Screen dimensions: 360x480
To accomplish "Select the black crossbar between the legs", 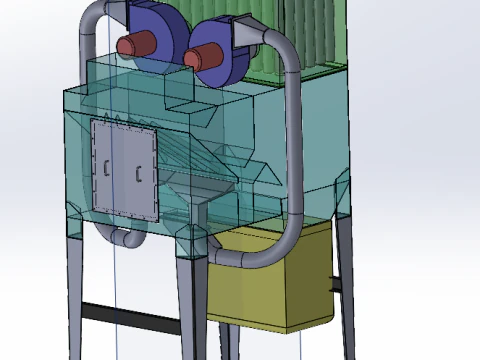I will coord(130,313).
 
